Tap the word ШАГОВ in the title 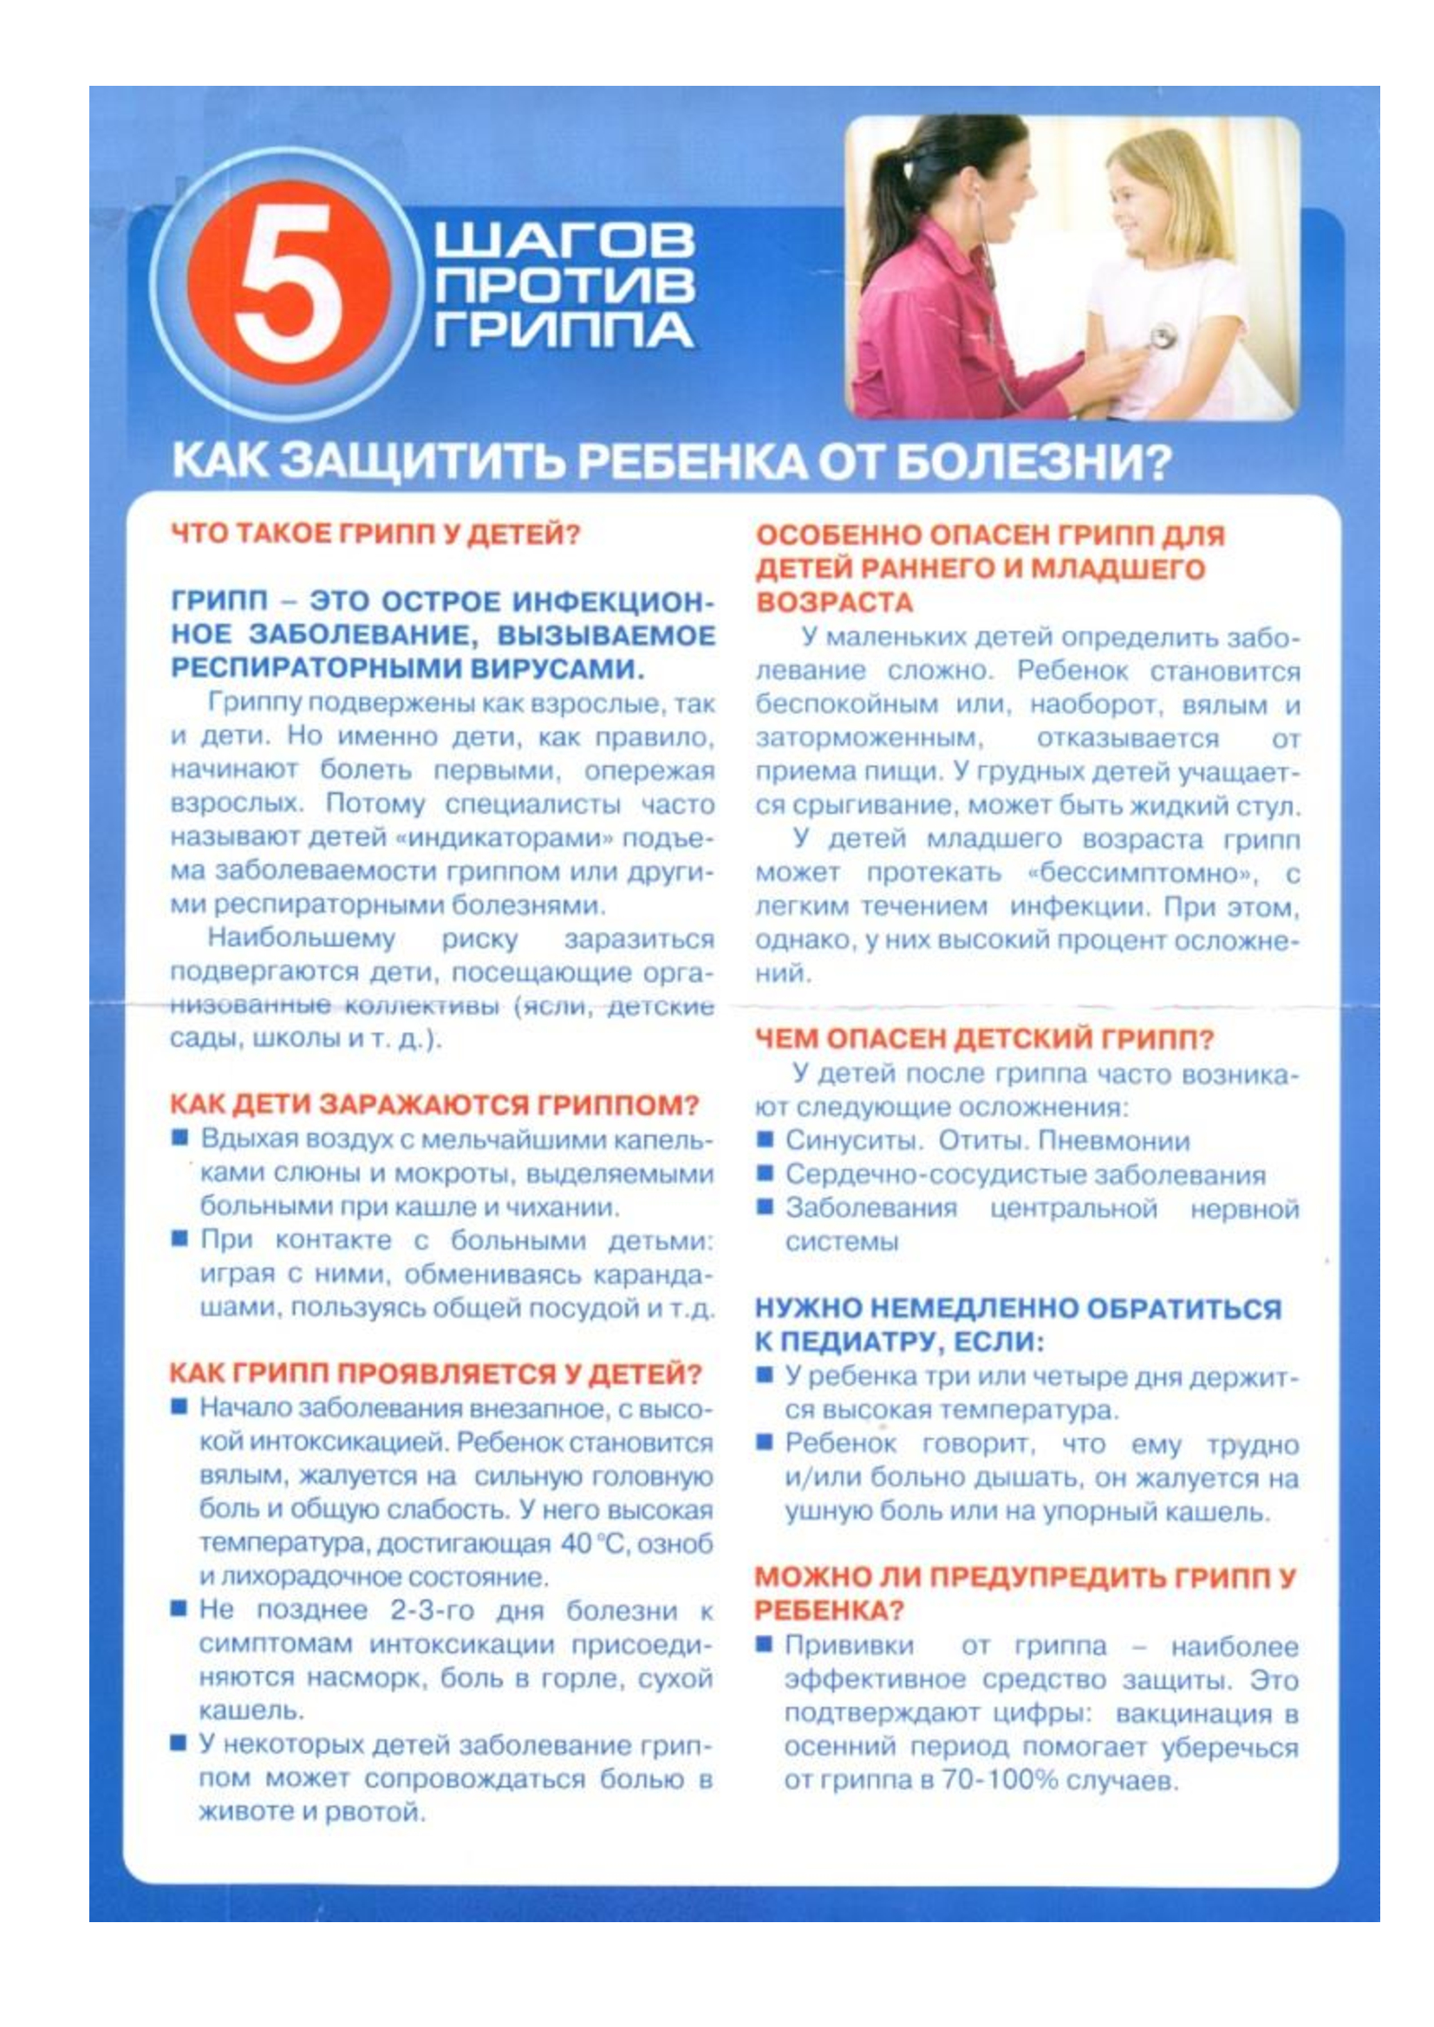[564, 240]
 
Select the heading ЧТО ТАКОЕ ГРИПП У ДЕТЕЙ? [375, 534]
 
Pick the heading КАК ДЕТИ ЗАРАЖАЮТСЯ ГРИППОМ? [433, 1104]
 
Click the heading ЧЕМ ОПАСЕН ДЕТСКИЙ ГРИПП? [985, 1038]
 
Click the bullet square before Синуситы [766, 1140]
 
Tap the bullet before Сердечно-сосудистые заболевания [766, 1173]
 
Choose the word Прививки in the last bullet [849, 1647]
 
